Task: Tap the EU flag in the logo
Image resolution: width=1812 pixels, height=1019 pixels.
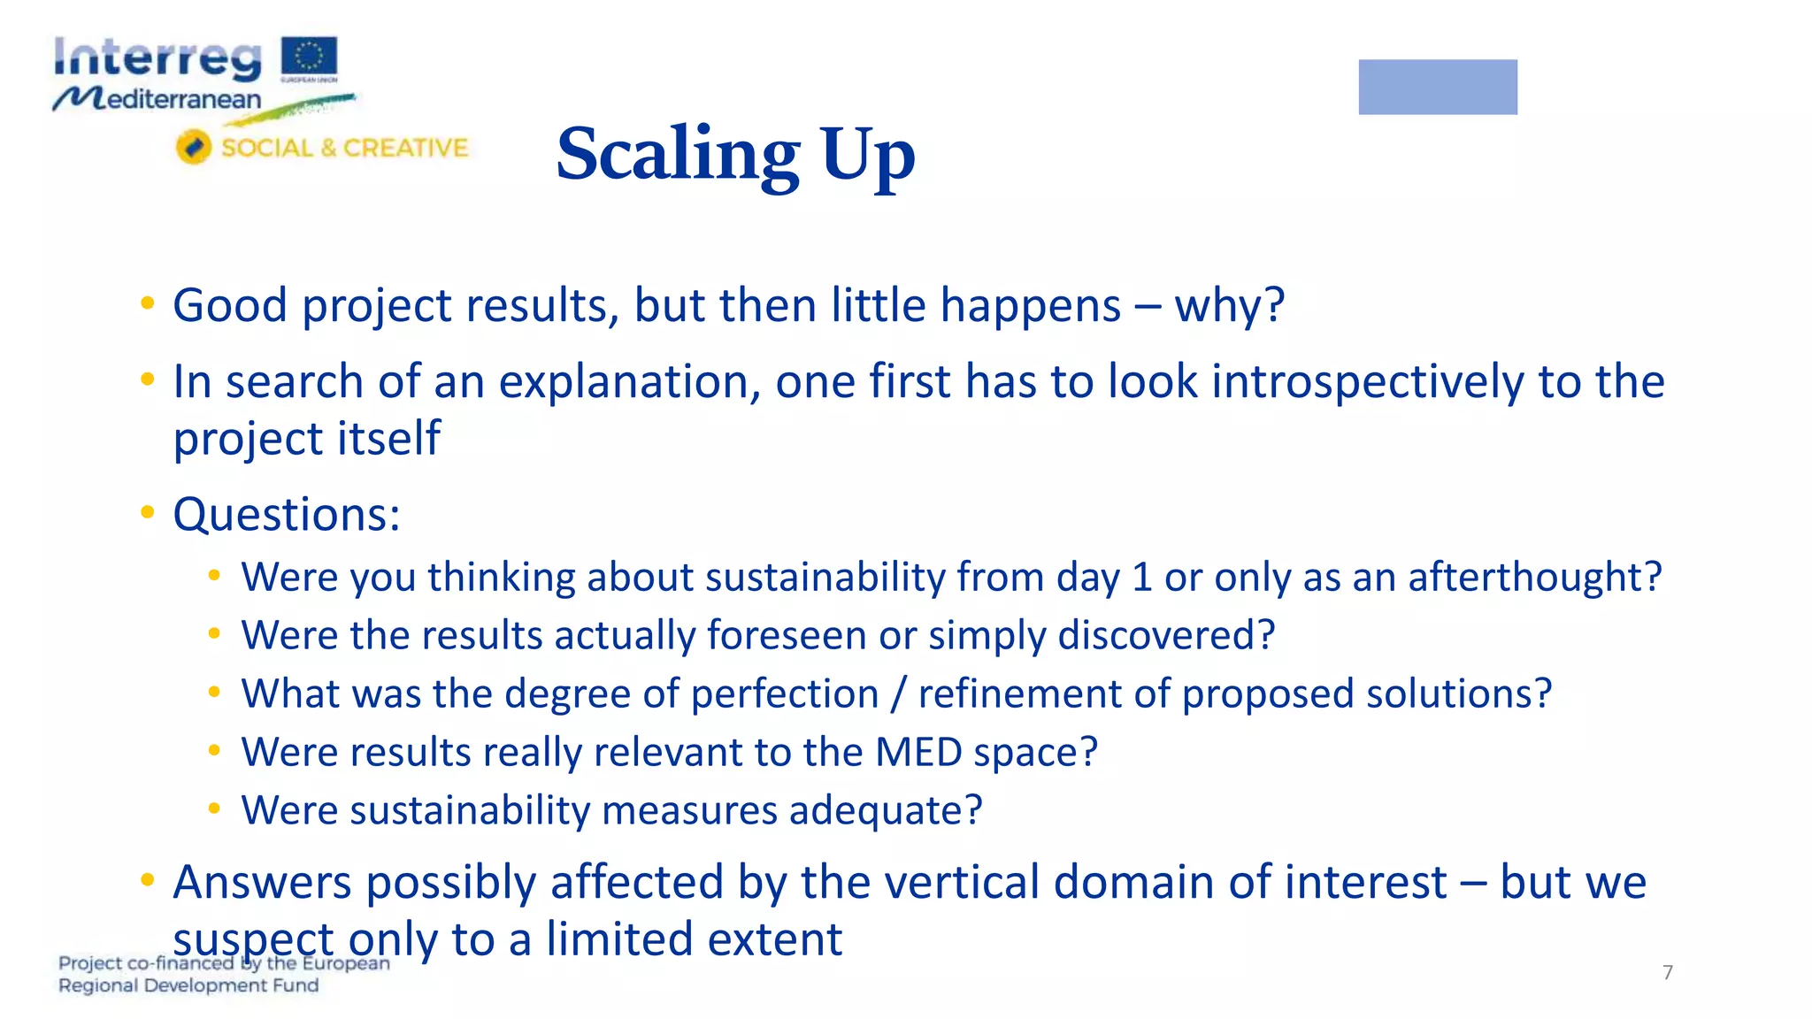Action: point(309,57)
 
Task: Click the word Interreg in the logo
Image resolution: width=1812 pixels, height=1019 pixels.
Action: point(157,59)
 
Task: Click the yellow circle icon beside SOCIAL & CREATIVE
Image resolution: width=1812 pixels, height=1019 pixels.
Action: point(193,147)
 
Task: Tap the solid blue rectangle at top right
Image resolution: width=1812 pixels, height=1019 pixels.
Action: point(1437,87)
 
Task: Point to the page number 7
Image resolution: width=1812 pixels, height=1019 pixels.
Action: point(1667,972)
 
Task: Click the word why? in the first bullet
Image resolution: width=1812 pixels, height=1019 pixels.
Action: point(1229,306)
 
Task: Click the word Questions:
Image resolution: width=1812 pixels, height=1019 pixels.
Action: point(287,515)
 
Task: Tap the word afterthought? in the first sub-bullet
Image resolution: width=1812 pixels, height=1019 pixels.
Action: point(1534,578)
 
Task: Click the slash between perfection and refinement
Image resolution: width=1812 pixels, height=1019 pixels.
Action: point(898,693)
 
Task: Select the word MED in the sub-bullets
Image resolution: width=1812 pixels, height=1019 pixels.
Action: point(918,753)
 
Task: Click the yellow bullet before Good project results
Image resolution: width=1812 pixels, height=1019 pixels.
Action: point(148,304)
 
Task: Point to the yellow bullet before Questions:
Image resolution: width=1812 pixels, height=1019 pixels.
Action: point(148,513)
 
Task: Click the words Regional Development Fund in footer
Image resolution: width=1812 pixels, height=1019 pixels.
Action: point(188,985)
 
